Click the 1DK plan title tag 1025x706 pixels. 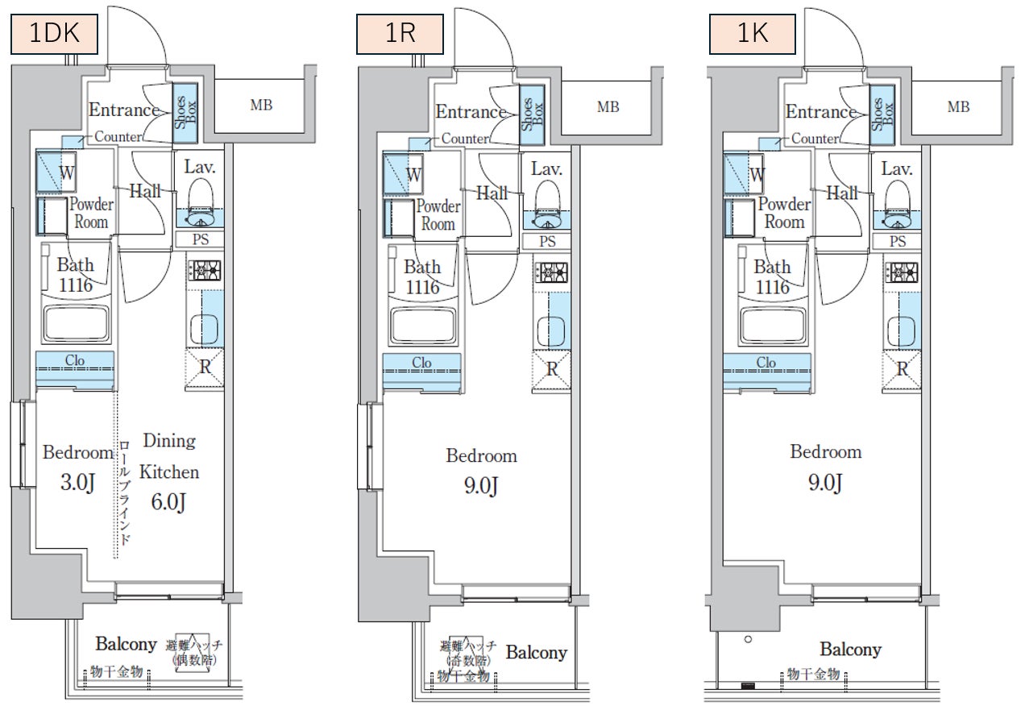click(53, 35)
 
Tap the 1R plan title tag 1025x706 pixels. click(400, 35)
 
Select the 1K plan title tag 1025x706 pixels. click(752, 35)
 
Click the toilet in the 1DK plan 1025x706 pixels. click(198, 198)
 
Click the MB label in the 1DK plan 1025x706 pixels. click(260, 106)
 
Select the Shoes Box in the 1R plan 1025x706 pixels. click(532, 115)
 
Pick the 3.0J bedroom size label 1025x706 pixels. click(77, 484)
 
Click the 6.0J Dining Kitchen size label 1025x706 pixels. click(170, 501)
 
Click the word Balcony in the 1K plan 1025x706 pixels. click(850, 650)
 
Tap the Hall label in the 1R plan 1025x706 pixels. click(491, 193)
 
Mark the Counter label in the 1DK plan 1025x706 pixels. click(118, 137)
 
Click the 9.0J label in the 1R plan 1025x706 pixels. click(481, 487)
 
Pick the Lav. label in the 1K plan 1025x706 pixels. click(896, 169)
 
